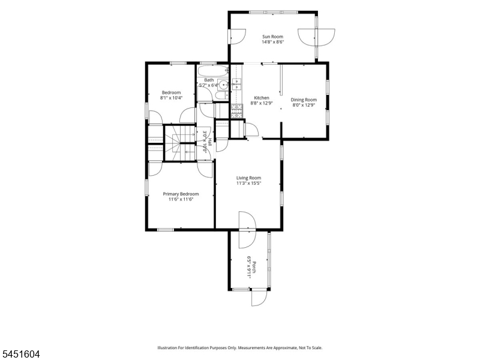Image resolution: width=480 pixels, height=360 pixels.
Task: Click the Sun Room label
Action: click(x=272, y=37)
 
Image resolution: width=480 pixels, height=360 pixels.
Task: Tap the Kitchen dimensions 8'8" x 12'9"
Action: click(x=262, y=103)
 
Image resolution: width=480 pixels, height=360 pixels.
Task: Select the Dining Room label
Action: click(x=304, y=100)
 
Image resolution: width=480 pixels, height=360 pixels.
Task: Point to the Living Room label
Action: click(x=248, y=178)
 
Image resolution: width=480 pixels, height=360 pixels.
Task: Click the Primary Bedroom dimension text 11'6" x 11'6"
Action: click(x=181, y=199)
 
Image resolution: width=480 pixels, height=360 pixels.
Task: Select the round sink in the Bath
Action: click(x=224, y=84)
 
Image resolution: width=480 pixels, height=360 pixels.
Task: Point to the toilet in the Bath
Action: click(x=221, y=96)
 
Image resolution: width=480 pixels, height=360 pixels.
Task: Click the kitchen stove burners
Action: click(x=236, y=111)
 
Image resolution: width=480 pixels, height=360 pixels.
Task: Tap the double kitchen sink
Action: click(x=236, y=84)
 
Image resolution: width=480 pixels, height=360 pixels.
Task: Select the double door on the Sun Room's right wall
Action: click(x=317, y=37)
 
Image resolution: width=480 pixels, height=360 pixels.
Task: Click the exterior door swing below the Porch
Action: click(x=259, y=298)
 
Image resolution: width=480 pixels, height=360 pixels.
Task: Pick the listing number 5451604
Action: click(x=20, y=354)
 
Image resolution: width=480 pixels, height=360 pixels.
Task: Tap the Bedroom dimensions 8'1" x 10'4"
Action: click(x=171, y=98)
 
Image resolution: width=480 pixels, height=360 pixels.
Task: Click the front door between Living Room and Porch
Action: click(x=247, y=229)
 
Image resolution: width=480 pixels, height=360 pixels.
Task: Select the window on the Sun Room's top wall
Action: click(x=274, y=12)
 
